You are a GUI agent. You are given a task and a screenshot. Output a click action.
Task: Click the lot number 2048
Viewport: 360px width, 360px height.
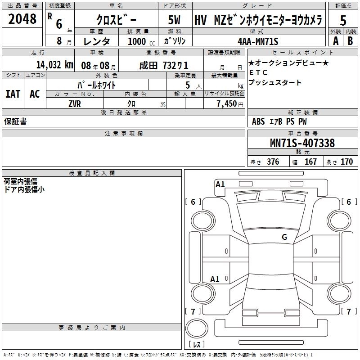tap(22, 19)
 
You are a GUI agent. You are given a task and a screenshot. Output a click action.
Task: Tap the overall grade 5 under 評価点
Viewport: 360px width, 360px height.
tap(343, 20)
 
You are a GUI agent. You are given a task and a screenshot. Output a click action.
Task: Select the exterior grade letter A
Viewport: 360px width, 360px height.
tap(336, 41)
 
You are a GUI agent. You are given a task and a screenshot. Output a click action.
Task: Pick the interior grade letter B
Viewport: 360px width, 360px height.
tap(350, 41)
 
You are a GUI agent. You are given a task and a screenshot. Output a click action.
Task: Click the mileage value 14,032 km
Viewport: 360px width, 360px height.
tap(54, 65)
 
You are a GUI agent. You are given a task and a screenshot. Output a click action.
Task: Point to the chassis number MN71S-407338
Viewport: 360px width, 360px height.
tap(302, 143)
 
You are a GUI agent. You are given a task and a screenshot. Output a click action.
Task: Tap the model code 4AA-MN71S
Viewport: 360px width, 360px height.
tap(258, 41)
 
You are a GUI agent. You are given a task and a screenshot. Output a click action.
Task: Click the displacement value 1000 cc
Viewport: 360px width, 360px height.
tap(141, 41)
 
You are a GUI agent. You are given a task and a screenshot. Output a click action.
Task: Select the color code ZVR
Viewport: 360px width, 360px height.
tap(75, 104)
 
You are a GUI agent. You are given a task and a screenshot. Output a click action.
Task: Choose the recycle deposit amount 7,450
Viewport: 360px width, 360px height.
tap(227, 103)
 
